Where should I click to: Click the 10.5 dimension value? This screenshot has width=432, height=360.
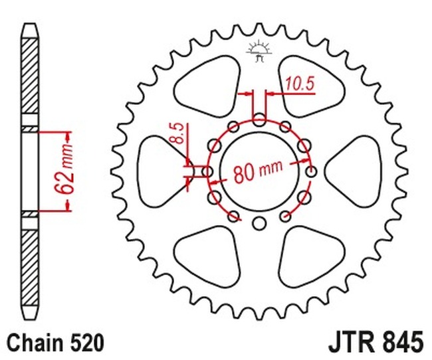coord(300,84)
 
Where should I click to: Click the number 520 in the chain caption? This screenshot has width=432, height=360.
coord(88,343)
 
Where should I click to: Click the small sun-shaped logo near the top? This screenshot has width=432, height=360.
coord(259,51)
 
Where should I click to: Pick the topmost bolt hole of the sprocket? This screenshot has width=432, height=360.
coord(259,120)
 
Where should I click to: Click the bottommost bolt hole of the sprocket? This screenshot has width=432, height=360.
coord(259,223)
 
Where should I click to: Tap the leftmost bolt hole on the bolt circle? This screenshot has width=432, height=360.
coord(207,171)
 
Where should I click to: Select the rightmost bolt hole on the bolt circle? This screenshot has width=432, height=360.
coord(311,171)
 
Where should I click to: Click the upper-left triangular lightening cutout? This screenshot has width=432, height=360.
coord(208,87)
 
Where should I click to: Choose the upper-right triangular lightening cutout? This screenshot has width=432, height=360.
coord(311,87)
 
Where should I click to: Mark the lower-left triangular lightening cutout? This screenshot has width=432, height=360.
coord(208,256)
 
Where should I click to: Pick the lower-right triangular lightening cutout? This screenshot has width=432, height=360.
coord(311,256)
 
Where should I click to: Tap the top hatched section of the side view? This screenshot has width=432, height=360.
coord(30,76)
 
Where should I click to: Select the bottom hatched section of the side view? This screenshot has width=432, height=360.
coord(30,268)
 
